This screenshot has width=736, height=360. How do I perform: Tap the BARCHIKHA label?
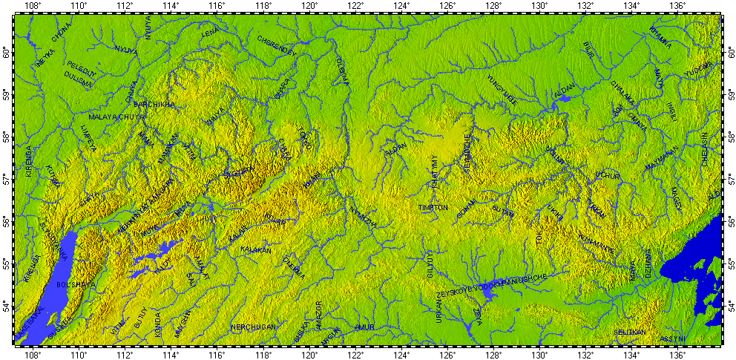pos(154,105)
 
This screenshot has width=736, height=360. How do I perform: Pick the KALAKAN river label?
pos(254,250)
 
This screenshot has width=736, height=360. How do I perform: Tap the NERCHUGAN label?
pos(253,327)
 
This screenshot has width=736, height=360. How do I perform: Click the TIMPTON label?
pos(433,208)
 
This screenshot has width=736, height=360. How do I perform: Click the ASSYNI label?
pos(672,338)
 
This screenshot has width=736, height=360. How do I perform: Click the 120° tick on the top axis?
pos(309,7)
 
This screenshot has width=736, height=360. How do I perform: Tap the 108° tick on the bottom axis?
pos(33,354)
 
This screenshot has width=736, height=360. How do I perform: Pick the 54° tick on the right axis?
pos(729,306)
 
